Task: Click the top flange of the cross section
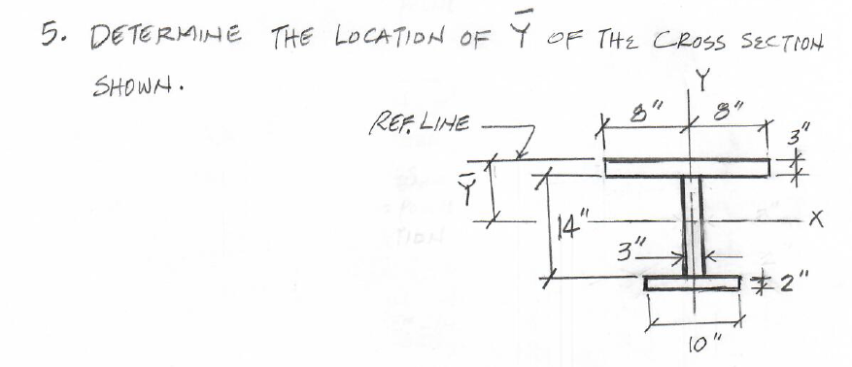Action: (x=691, y=166)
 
